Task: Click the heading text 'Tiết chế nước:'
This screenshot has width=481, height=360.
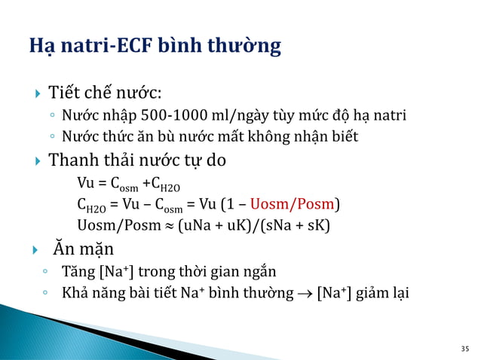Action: pos(105,94)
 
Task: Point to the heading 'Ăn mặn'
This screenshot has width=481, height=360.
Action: pos(83,248)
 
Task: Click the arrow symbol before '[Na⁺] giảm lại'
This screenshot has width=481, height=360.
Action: pos(305,293)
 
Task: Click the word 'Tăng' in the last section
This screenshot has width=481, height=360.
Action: pos(78,271)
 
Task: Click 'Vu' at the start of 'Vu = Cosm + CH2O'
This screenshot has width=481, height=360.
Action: pos(85,182)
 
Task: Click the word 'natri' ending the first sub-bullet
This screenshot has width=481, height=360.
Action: pos(388,116)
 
